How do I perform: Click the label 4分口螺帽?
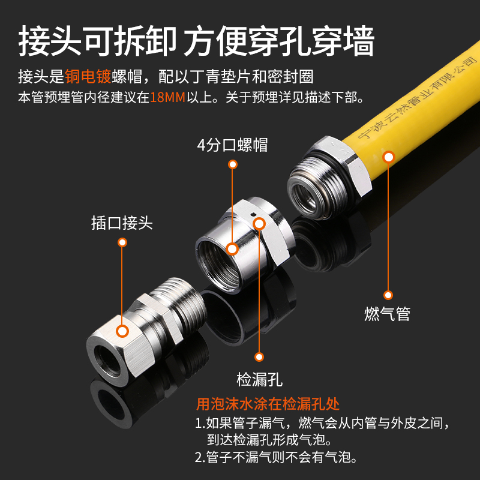tap(232, 145)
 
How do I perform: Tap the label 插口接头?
tap(122, 224)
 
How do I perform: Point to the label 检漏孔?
tap(259, 379)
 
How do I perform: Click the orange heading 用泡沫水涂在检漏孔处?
tap(277, 404)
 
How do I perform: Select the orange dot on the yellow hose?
tap(388, 157)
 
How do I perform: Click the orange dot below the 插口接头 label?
tap(122, 243)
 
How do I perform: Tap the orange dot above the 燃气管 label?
tap(388, 295)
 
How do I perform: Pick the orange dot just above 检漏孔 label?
tap(259, 356)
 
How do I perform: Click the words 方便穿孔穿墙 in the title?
tap(279, 41)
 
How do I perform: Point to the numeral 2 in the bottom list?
tap(199, 458)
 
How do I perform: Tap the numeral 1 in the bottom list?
tap(199, 424)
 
